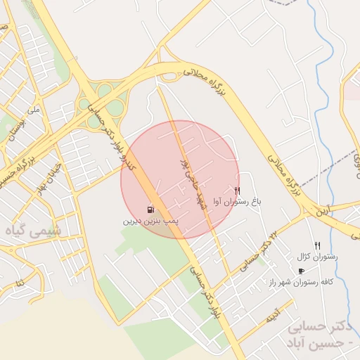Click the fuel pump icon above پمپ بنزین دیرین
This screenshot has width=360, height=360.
(x=150, y=210)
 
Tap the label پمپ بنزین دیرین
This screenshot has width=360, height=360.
(x=150, y=221)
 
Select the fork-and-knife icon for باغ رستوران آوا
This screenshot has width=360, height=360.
(x=237, y=191)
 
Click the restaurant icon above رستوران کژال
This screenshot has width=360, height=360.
(x=317, y=245)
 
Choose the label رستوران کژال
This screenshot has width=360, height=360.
(x=318, y=257)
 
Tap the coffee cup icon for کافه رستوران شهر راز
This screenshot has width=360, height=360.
(x=302, y=271)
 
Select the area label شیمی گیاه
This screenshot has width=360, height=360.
(x=33, y=231)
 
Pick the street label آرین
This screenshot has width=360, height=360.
(x=321, y=210)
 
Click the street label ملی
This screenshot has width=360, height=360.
(x=34, y=110)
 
